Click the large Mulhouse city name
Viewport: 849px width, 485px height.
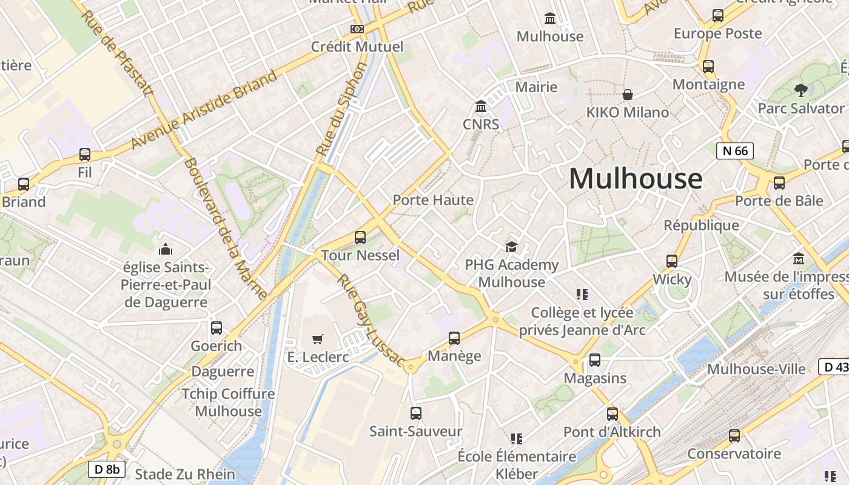coord(636,179)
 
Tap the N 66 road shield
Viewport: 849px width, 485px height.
coord(734,151)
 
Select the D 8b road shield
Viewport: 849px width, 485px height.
coord(107,469)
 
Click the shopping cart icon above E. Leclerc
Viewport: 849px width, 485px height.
coord(318,339)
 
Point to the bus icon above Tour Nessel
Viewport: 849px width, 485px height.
coord(360,237)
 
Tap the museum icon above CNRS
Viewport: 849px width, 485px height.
coord(481,107)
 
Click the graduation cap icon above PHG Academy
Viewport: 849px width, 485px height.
coord(511,247)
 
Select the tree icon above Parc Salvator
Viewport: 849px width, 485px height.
coord(800,90)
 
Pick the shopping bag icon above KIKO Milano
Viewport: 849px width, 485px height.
coord(628,95)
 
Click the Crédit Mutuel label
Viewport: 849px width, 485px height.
coord(357,47)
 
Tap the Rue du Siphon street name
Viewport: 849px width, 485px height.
coord(341,109)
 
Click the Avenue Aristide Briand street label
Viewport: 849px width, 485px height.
coord(204,110)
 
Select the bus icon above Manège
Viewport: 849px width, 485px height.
coord(454,338)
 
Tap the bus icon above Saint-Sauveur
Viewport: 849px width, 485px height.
coord(415,413)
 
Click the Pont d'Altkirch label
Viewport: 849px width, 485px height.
coord(612,432)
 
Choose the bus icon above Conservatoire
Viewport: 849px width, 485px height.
coord(734,436)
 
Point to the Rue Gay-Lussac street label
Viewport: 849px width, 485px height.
coord(371,321)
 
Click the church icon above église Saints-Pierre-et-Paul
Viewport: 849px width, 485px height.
coord(165,249)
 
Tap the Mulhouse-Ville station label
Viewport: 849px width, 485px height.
coord(756,369)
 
